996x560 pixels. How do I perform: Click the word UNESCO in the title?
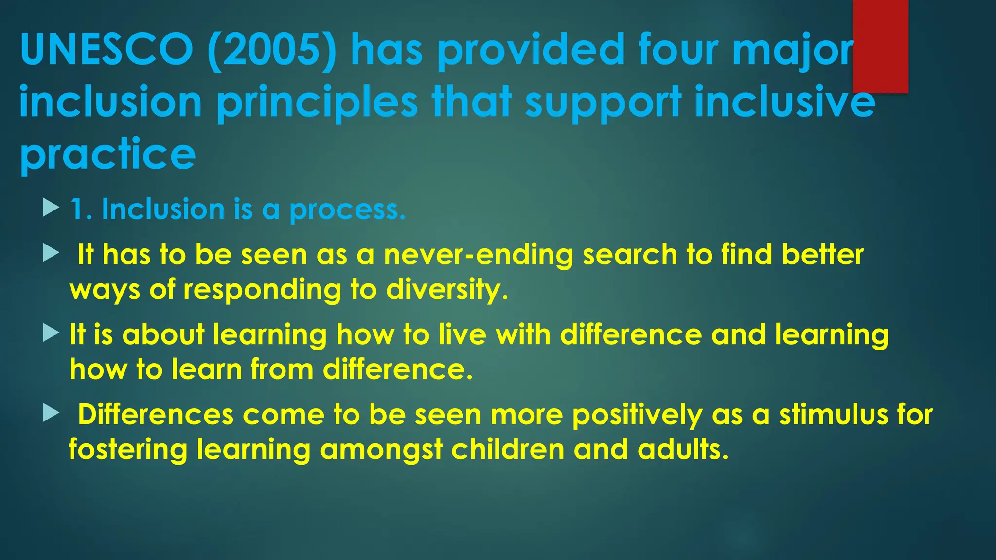coord(107,49)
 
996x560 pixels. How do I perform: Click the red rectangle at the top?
coord(880,46)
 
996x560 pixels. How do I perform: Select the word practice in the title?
coord(107,154)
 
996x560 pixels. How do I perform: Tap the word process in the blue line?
coord(347,210)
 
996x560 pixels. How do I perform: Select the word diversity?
coord(447,290)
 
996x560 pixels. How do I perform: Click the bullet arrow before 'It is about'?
coord(51,333)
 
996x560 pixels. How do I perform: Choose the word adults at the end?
coord(683,450)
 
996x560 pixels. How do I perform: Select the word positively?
coord(637,416)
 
